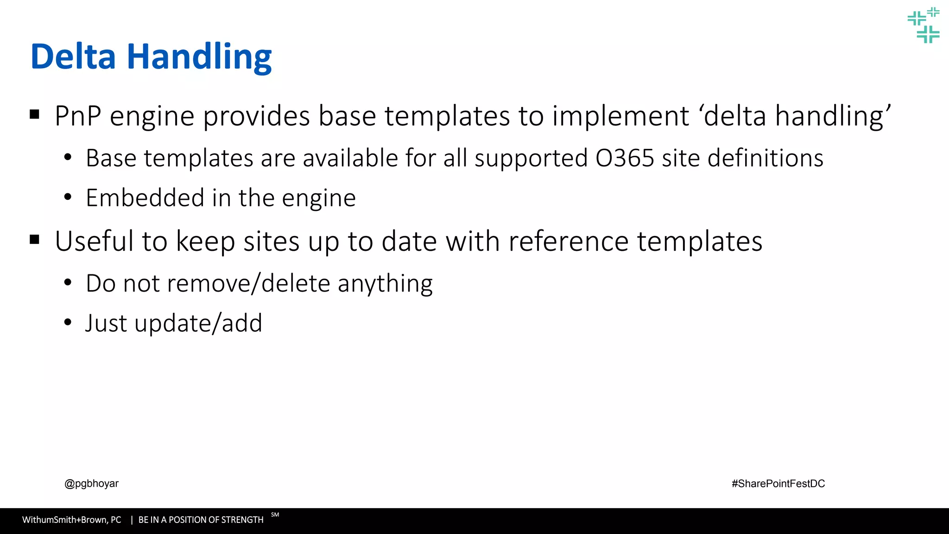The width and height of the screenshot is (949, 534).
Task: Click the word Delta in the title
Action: point(73,57)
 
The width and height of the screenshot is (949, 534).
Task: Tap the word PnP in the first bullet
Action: point(78,116)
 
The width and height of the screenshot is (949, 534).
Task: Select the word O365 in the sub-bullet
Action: point(625,158)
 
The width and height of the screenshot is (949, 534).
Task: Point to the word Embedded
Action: point(145,198)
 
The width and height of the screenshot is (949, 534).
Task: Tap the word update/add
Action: point(198,323)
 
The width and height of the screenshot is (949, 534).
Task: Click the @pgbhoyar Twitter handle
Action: point(91,483)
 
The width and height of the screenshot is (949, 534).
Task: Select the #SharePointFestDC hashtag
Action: point(778,483)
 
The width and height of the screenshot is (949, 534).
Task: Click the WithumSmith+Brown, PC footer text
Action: point(72,520)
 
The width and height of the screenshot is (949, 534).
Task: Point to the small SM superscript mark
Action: point(275,515)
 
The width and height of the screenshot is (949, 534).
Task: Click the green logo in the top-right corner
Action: point(923,25)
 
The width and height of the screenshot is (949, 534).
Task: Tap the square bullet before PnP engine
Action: point(34,114)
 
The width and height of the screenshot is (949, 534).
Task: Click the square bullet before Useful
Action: point(34,240)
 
